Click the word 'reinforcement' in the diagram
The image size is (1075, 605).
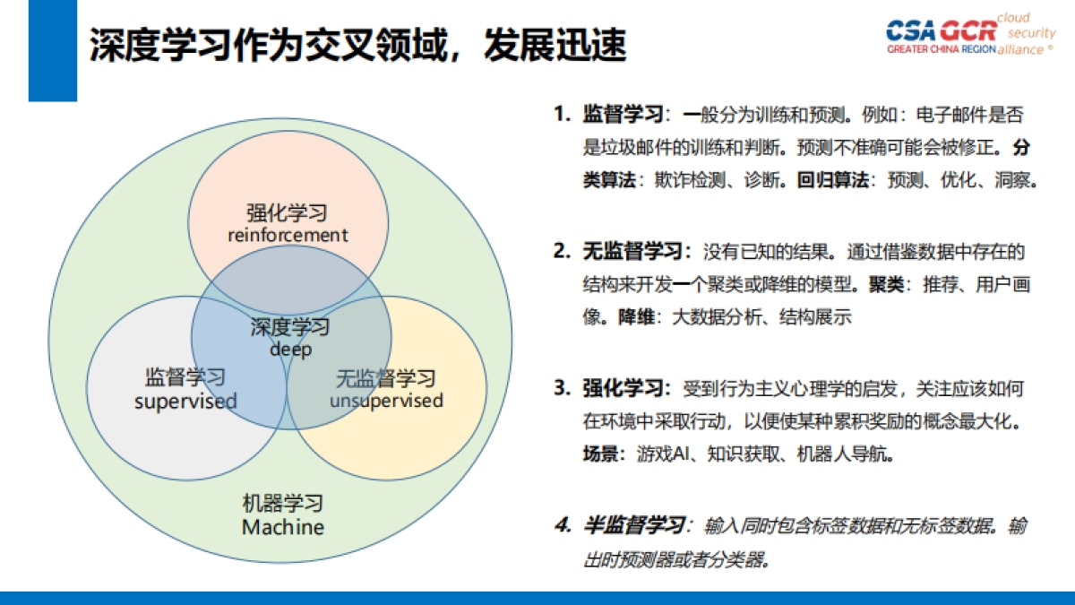pos(287,235)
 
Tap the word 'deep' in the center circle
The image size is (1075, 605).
pos(290,350)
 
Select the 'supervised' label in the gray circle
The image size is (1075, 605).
pos(185,401)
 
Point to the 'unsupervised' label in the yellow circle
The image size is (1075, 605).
pos(386,400)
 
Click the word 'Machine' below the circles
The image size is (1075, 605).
pos(283,526)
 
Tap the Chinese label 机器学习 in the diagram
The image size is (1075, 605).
pos(283,504)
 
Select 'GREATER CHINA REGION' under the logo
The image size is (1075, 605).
pos(941,50)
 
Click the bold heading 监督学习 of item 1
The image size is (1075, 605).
pos(623,116)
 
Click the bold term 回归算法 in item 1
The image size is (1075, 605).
pos(832,180)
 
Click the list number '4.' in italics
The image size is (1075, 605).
pos(563,525)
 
